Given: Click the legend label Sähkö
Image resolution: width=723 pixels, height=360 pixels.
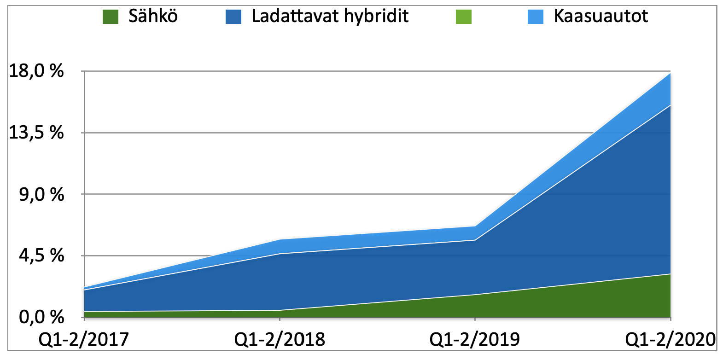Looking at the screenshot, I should point(153,17).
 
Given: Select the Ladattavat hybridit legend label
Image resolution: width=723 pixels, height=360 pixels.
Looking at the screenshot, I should point(330,17).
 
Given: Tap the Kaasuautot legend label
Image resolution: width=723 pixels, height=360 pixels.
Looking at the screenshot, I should point(601,17).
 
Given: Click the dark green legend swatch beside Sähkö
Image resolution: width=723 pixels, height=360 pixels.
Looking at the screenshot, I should point(111,17).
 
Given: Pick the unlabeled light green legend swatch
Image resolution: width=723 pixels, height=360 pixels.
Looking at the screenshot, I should point(463,17).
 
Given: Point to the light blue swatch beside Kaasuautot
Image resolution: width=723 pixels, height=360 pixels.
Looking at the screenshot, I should point(536,17).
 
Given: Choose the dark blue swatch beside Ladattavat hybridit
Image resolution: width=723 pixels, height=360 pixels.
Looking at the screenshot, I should point(233,17).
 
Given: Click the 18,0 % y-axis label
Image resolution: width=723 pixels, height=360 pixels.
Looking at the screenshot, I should point(36,71).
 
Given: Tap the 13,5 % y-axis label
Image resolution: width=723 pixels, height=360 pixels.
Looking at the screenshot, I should point(36,133).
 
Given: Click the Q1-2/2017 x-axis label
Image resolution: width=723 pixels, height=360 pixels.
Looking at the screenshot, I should point(84,340).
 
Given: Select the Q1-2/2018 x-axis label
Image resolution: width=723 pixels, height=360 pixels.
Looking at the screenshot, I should point(280,340).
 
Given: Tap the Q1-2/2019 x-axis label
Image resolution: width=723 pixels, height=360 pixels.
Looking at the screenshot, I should point(475,340).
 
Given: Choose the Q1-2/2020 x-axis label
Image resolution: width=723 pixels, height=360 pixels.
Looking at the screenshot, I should point(670,340).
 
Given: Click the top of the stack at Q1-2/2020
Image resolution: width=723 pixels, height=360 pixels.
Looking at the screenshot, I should point(670,73).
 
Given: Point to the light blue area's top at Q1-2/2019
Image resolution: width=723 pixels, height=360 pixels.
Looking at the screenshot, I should point(475,226).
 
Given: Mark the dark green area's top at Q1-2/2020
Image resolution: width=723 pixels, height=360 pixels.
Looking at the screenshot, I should point(670,274).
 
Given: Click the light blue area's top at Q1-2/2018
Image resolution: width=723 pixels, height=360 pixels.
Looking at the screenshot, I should point(280,239).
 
